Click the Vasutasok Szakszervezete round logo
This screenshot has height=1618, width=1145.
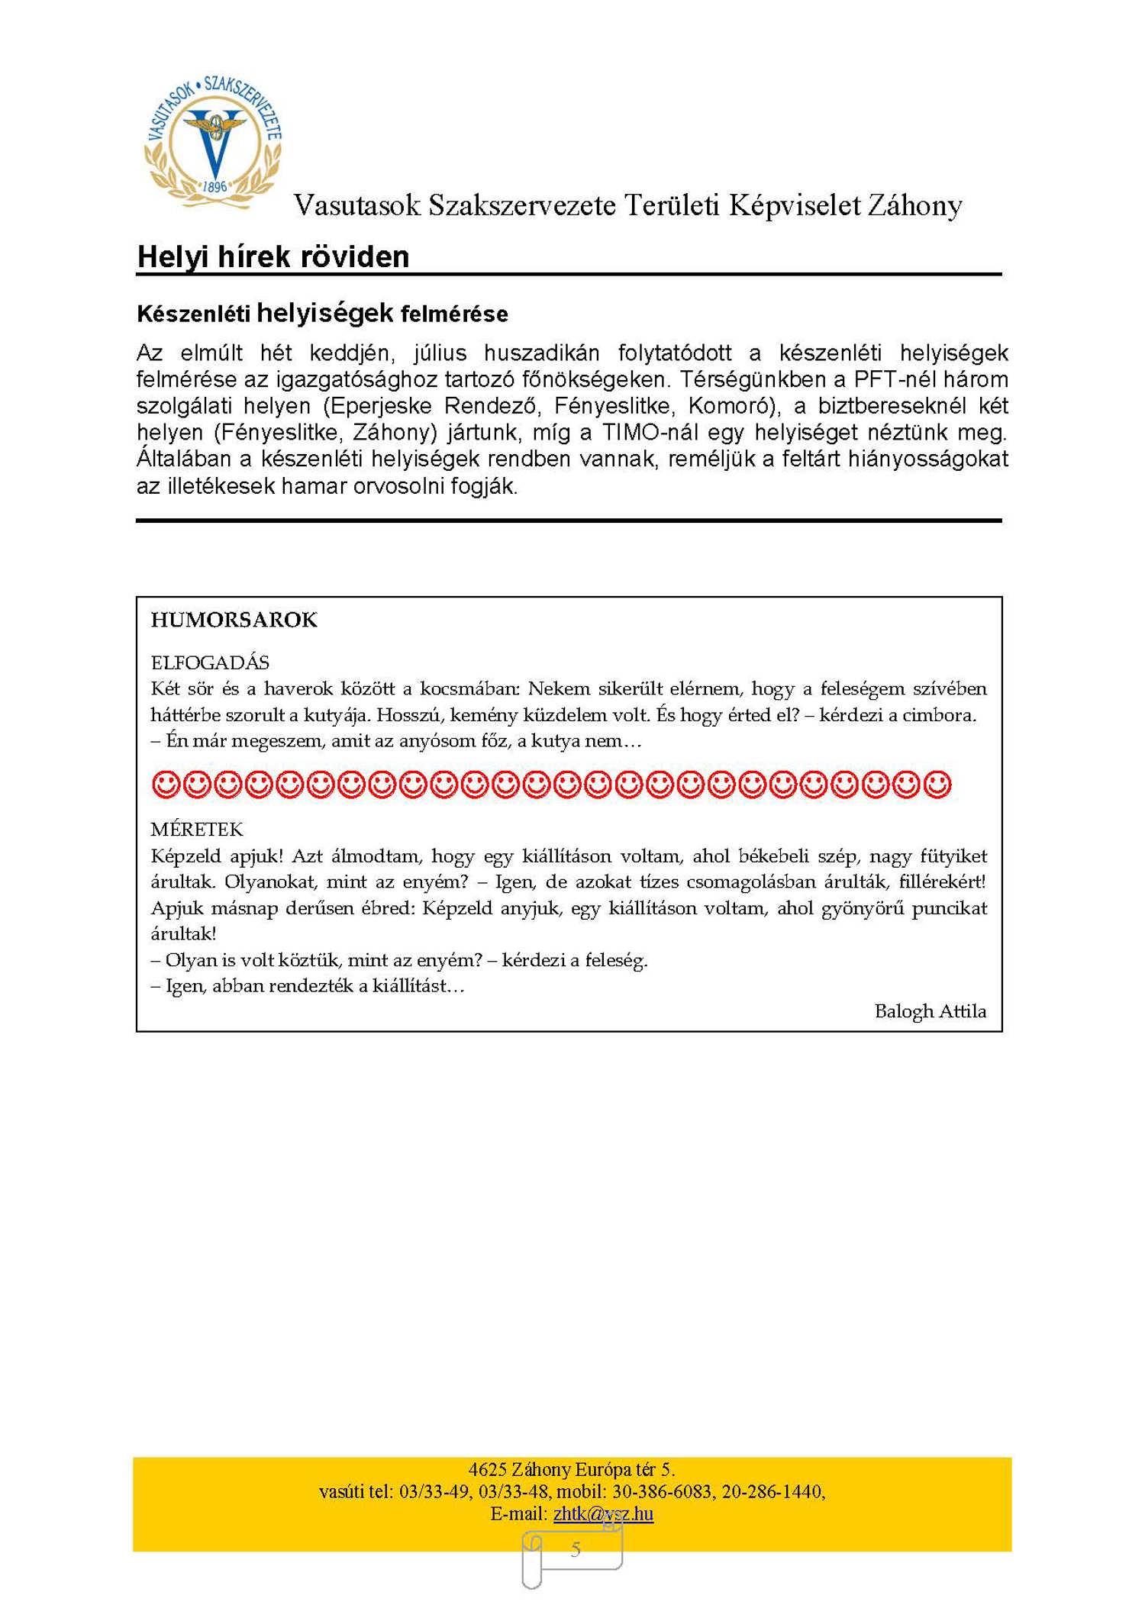(213, 140)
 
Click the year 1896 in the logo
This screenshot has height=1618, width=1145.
(215, 186)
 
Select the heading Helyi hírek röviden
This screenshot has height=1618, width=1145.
(273, 257)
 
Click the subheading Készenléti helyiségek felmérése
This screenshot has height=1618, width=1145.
(322, 314)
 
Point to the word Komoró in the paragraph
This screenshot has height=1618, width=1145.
(734, 405)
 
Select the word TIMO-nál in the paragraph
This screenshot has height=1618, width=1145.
(646, 432)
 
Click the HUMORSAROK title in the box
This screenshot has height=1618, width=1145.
(234, 620)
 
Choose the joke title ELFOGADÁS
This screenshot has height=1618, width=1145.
(210, 662)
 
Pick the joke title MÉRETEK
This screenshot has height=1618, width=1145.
(197, 830)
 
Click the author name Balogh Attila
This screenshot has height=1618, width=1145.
(930, 1011)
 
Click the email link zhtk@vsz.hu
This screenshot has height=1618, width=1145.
(603, 1513)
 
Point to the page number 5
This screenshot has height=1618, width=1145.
(576, 1549)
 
